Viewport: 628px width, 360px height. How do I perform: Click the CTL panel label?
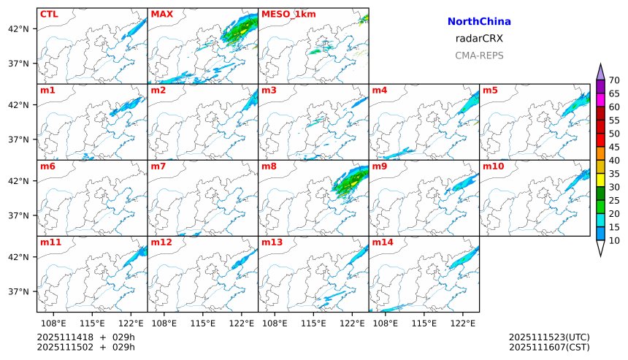coord(50,14)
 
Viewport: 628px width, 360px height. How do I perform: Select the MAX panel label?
coord(161,14)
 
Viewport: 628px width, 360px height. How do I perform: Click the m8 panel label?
coord(269,166)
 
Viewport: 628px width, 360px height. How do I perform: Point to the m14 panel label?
coord(383,242)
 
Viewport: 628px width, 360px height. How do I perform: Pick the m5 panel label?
coord(491,91)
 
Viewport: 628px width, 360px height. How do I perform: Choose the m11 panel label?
coord(50,242)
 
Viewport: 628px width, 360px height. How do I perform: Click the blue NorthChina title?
coord(479,22)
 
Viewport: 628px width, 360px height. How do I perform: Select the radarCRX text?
coord(479,39)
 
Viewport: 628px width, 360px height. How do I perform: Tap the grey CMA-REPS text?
coord(479,55)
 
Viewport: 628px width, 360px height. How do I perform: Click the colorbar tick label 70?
coord(614,80)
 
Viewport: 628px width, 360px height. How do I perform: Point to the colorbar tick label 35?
coord(614,174)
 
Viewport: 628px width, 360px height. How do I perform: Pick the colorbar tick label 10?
coord(614,240)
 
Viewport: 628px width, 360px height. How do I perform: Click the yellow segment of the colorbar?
coord(600,180)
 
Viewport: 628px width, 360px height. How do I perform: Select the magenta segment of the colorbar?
coord(600,99)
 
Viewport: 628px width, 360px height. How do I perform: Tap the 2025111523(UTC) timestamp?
coord(549,337)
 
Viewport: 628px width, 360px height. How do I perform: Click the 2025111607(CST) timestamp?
coord(549,347)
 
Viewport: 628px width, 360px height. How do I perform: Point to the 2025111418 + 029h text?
coord(86,337)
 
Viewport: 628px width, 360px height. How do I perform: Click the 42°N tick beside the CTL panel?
coord(18,28)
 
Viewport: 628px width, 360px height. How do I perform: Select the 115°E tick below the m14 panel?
coord(424,323)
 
